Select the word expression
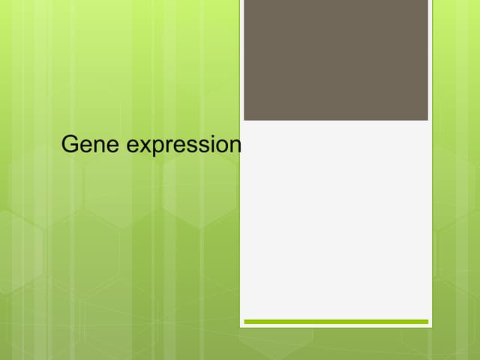coord(184,145)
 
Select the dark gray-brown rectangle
coord(336,60)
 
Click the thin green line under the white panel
coord(336,322)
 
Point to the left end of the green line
coord(245,322)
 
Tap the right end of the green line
coord(427,322)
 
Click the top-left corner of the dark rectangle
coord(244,1)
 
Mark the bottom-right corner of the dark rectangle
coord(427,120)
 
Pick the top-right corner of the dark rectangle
coord(427,1)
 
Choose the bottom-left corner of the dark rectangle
coord(244,120)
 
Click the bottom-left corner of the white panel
coord(241,327)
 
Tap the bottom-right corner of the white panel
coord(432,327)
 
